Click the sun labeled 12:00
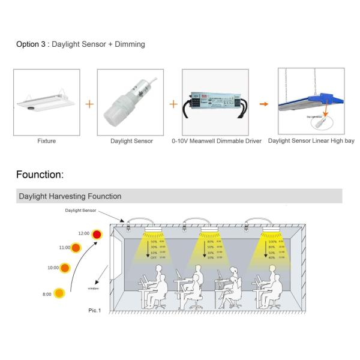click(97, 234)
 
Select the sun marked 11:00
click(76, 247)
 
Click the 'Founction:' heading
click(40, 175)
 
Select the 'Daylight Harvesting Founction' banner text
click(70, 196)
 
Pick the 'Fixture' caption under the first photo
click(46, 141)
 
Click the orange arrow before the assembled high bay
click(263, 104)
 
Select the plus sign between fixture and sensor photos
click(89, 104)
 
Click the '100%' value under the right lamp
click(271, 241)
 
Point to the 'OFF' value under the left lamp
click(154, 257)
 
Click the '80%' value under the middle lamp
click(211, 241)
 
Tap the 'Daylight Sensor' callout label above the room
click(80, 211)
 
